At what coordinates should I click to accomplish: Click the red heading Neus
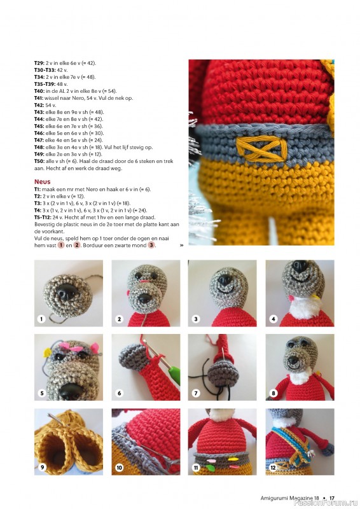click(42, 182)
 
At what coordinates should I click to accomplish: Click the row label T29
click(39, 63)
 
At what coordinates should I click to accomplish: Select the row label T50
click(39, 161)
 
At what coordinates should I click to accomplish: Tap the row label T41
click(39, 98)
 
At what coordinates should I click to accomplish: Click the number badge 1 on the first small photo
click(41, 319)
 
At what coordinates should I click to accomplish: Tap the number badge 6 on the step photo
click(119, 393)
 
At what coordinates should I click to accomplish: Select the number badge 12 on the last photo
click(273, 468)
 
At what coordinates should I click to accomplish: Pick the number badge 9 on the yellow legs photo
click(42, 468)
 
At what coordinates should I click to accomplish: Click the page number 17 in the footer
click(332, 498)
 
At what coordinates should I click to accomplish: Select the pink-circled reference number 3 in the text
click(151, 245)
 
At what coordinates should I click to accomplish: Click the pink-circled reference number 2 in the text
click(76, 245)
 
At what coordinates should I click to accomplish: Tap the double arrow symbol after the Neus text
click(181, 246)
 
